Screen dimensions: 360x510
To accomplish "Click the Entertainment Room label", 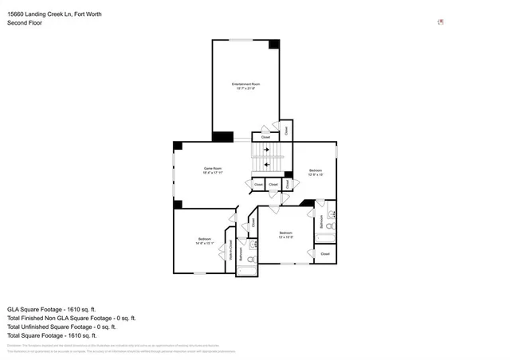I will click(245, 84).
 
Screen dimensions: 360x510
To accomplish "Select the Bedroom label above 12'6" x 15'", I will click(316, 170).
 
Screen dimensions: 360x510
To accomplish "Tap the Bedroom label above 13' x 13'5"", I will click(286, 233).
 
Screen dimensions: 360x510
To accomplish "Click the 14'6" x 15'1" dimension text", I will click(204, 244).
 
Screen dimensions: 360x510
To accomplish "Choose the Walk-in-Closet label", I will click(231, 251).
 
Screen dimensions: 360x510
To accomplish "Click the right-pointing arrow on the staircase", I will click(266, 148).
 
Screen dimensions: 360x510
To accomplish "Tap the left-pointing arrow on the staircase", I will click(266, 162).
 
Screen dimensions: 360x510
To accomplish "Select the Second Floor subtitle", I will click(24, 23).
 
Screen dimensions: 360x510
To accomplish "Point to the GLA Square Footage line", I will click(51, 308).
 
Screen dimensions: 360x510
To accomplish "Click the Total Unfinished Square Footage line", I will click(61, 326).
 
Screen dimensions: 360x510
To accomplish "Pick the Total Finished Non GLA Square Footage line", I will click(71, 317).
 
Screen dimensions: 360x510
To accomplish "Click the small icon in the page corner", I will click(441, 22).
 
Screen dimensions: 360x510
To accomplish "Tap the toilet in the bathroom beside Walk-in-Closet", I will click(250, 260).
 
